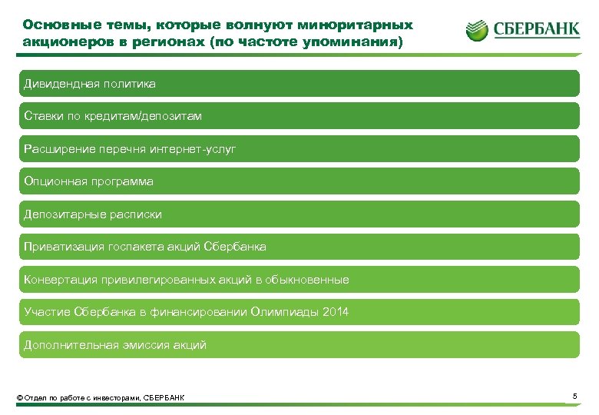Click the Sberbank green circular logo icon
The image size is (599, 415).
[476, 30]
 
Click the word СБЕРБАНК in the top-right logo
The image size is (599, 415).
[535, 31]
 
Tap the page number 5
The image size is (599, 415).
[574, 396]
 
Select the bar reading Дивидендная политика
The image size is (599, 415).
[299, 83]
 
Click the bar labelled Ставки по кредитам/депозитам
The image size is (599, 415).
[299, 116]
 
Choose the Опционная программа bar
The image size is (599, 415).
[299, 181]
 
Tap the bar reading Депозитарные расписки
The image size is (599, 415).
[299, 214]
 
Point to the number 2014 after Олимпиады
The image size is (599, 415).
[335, 312]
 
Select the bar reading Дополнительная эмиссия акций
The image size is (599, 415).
[299, 345]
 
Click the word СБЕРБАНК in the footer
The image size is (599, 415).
[164, 397]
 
